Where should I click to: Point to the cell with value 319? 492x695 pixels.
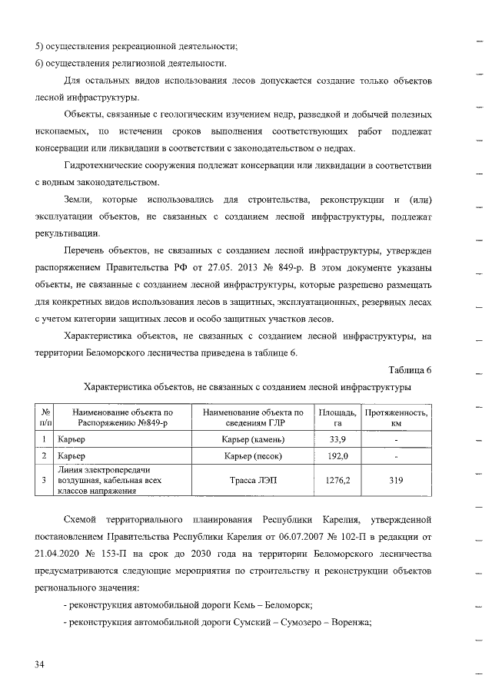[x=396, y=481]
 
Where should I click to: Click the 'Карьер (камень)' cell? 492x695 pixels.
[x=254, y=439]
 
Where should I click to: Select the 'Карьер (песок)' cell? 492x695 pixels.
[x=254, y=456]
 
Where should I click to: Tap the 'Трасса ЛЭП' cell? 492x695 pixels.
[x=254, y=481]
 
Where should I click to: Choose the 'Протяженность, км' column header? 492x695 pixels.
[x=396, y=418]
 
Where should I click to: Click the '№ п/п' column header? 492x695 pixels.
[x=45, y=418]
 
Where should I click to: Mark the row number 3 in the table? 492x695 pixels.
[x=45, y=481]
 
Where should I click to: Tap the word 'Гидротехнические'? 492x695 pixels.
[x=105, y=165]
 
